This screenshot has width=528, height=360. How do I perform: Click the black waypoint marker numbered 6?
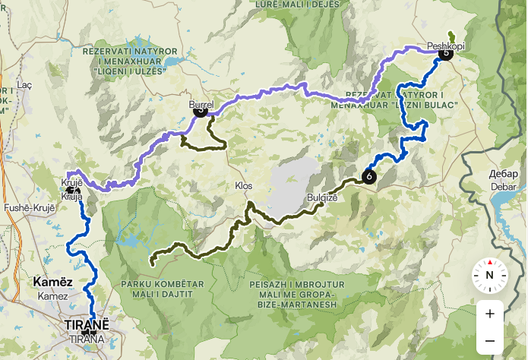point(369,176)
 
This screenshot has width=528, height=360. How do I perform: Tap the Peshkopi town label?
point(446,45)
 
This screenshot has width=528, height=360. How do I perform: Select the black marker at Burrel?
point(201,111)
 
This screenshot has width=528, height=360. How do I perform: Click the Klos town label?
point(244,186)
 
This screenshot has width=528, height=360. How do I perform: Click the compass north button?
point(490,275)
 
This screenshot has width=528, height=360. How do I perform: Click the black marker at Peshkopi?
point(445,53)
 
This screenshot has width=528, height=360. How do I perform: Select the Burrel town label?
point(201,103)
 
